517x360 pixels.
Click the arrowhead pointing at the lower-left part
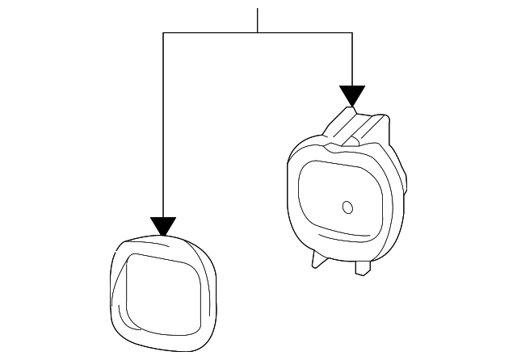click(163, 227)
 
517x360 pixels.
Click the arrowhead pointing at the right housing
click(352, 95)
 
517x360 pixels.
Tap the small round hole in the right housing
click(348, 207)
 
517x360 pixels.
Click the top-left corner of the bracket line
click(163, 33)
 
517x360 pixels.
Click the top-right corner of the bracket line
click(352, 33)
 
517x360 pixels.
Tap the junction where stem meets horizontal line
click(258, 33)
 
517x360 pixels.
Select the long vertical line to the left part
click(163, 121)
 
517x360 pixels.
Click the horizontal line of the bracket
click(210, 33)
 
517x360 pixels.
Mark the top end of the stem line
click(258, 9)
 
